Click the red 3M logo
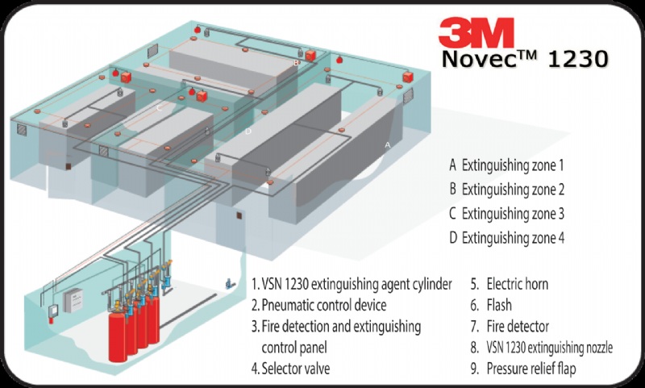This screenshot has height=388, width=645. point(476,33)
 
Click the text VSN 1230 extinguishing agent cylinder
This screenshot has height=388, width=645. point(358,284)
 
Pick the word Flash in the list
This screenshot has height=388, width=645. point(499,306)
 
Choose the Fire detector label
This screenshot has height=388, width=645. point(516,327)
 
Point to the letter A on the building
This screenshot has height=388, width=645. point(388,144)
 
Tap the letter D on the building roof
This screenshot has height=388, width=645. point(248,131)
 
